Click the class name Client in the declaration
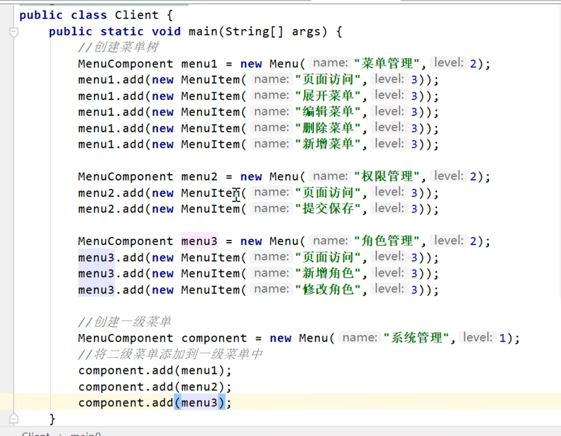(136, 15)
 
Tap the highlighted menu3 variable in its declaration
(199, 241)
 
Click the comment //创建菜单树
(118, 48)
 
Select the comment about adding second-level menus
(170, 354)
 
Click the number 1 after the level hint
(502, 338)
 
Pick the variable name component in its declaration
(214, 338)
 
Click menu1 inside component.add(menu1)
(199, 370)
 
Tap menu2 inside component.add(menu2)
(199, 387)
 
